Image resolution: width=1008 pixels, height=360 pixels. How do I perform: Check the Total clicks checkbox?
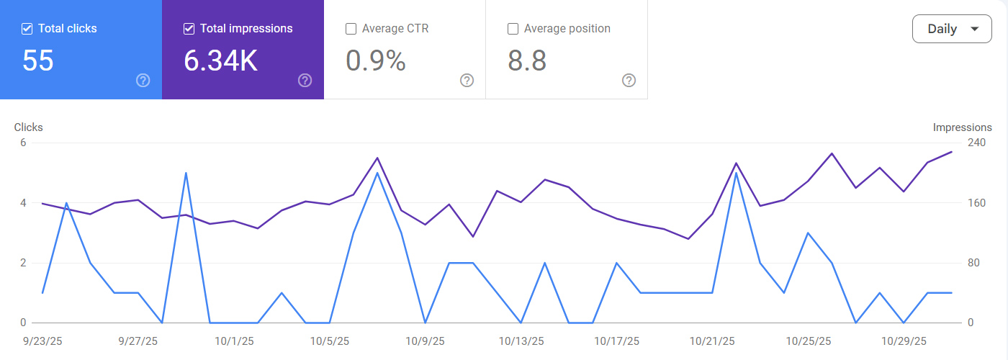click(27, 29)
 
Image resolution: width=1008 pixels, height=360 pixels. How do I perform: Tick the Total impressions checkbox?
click(189, 29)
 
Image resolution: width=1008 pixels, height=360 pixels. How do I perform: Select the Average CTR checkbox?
click(351, 29)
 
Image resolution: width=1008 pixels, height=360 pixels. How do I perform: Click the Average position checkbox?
click(513, 29)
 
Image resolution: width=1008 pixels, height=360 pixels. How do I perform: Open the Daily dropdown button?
click(951, 30)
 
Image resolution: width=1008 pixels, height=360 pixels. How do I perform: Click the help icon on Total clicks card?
click(143, 80)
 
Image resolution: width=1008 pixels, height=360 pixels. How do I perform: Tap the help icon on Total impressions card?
click(305, 80)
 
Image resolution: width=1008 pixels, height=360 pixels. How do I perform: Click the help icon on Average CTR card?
click(467, 80)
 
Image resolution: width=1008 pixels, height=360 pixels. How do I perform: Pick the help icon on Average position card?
click(629, 80)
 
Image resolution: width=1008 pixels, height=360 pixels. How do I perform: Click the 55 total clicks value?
click(38, 61)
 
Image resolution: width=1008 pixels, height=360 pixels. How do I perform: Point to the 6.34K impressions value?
click(220, 61)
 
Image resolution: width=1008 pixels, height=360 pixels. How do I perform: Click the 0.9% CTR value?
click(375, 61)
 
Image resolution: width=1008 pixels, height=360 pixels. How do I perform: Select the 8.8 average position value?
click(527, 61)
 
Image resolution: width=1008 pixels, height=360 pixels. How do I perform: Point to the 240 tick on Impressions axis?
click(976, 143)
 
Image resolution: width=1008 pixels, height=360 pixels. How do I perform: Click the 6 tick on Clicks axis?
click(23, 143)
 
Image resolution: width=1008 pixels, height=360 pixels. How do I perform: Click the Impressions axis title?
click(962, 127)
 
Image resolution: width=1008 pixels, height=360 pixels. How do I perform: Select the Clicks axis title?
click(29, 127)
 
